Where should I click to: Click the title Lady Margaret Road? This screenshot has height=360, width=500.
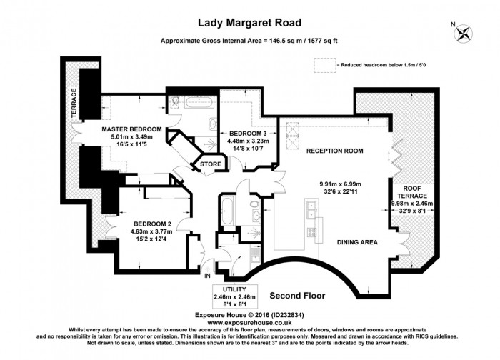[x=250, y=23]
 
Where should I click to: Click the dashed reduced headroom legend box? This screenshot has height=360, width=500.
[x=324, y=65]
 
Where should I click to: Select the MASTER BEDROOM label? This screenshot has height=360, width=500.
[x=131, y=129]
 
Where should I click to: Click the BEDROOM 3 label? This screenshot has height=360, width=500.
[x=248, y=134]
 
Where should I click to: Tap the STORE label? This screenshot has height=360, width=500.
[x=211, y=164]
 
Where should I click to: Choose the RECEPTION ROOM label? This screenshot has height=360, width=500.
[x=334, y=151]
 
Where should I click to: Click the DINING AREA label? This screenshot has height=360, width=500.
[x=357, y=242]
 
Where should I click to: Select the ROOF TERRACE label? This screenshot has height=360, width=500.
[x=412, y=192]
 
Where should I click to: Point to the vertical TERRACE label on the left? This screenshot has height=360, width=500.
[x=74, y=104]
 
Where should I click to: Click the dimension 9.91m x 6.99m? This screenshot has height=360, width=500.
[x=340, y=184]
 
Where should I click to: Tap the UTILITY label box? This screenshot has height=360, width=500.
[x=234, y=296]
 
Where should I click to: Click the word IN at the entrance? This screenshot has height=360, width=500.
[x=207, y=276]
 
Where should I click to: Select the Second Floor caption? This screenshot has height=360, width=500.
[x=297, y=296]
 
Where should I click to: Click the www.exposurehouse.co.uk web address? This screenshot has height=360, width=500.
[x=249, y=323]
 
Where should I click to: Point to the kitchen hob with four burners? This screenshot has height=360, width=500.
[x=311, y=232]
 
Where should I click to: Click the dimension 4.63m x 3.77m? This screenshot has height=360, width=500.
[x=151, y=231]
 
